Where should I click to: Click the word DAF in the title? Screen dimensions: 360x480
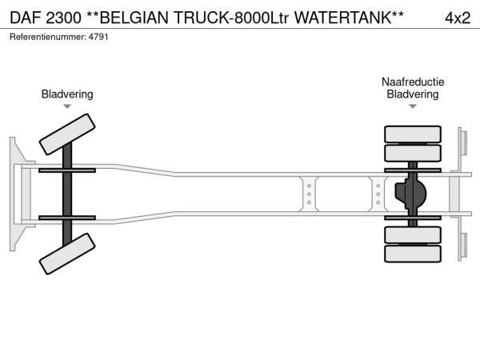[x=27, y=17]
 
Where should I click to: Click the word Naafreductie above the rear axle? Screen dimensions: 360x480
[x=413, y=82]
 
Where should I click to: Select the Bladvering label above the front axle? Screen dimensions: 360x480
[x=67, y=94]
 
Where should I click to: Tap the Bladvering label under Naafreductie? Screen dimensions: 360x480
[x=413, y=94]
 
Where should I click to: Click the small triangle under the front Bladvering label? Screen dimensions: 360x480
[x=67, y=106]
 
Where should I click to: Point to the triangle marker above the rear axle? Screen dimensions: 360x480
[x=413, y=106]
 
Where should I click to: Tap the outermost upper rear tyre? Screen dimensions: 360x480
[x=413, y=133]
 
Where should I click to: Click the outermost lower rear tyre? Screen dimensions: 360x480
[x=413, y=254]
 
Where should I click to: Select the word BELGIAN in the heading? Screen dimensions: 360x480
[x=133, y=17]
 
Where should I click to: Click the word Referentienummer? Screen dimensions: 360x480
[x=46, y=37]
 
